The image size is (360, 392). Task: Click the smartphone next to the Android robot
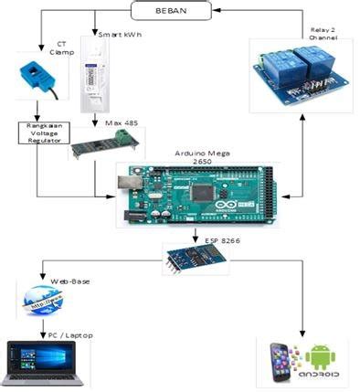pos(281,359)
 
